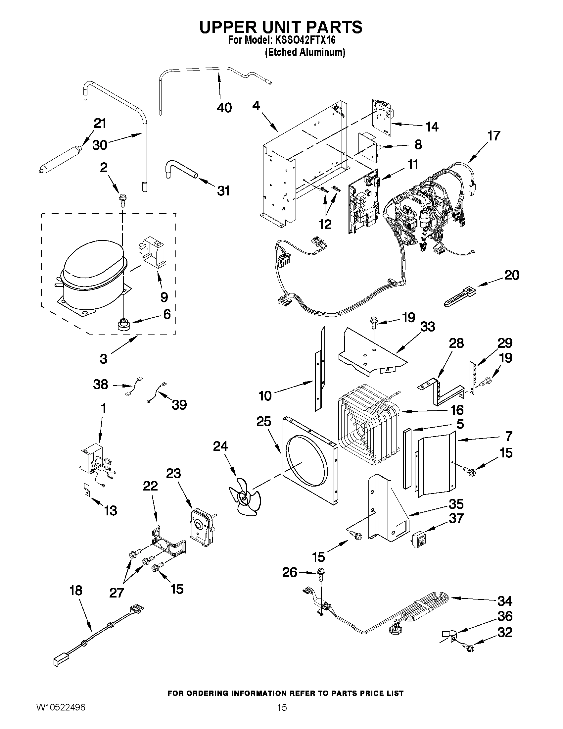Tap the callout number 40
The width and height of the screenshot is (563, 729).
(x=224, y=108)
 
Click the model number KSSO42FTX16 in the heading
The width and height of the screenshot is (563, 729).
(x=305, y=40)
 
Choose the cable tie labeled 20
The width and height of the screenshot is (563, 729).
(x=460, y=294)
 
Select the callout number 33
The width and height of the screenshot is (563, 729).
(x=428, y=327)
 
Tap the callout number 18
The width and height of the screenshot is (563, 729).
(x=76, y=590)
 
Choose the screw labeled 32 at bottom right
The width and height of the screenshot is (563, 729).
(x=468, y=648)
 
